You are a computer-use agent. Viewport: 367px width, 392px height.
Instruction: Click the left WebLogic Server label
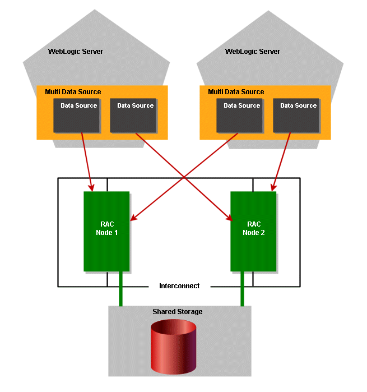76,52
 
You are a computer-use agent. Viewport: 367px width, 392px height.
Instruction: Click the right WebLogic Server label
252,52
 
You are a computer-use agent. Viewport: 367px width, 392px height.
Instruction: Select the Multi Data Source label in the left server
69,92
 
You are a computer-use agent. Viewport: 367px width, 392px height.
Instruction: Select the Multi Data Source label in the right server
236,92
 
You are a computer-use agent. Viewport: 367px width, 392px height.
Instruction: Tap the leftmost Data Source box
77,116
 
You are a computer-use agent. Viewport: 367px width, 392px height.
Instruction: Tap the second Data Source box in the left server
133,116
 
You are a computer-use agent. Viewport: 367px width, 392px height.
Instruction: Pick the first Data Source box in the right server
240,116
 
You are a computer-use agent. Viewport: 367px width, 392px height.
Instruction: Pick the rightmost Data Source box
296,116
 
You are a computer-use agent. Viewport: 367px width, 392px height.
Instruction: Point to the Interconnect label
179,286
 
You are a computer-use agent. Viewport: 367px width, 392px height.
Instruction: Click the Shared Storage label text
178,312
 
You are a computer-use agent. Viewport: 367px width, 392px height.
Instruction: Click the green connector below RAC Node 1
120,289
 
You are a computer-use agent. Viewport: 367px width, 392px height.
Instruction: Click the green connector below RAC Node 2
243,289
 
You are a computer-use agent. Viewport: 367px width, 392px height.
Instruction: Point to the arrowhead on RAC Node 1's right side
132,219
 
